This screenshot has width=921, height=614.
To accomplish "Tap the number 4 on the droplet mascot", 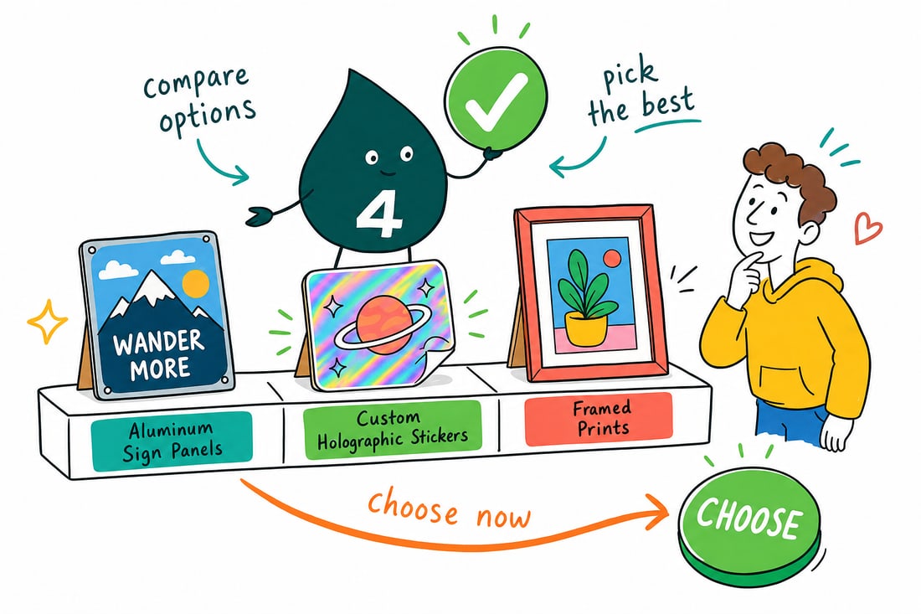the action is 379,215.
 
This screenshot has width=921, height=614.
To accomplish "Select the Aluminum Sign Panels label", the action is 172,441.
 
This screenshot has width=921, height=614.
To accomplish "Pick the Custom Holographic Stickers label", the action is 392,429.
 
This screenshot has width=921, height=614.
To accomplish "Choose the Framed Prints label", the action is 599,418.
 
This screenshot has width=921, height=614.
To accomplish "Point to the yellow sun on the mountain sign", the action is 196,284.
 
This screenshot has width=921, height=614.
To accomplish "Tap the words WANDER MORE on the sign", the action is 160,354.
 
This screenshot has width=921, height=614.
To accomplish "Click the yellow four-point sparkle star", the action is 48,321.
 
